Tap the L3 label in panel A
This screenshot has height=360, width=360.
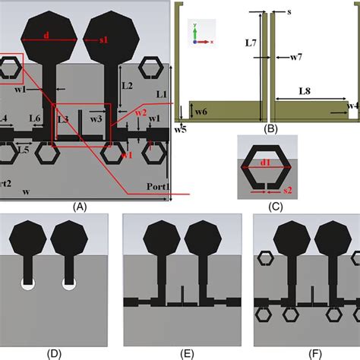pos(63,119)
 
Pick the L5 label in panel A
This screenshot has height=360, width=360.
pos(24,150)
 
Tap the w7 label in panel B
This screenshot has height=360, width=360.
pos(295,57)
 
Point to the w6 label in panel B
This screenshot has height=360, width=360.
pos(201,112)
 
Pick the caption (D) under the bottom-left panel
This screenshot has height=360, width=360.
pos(55,353)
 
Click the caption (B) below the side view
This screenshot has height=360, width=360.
pos(270,129)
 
